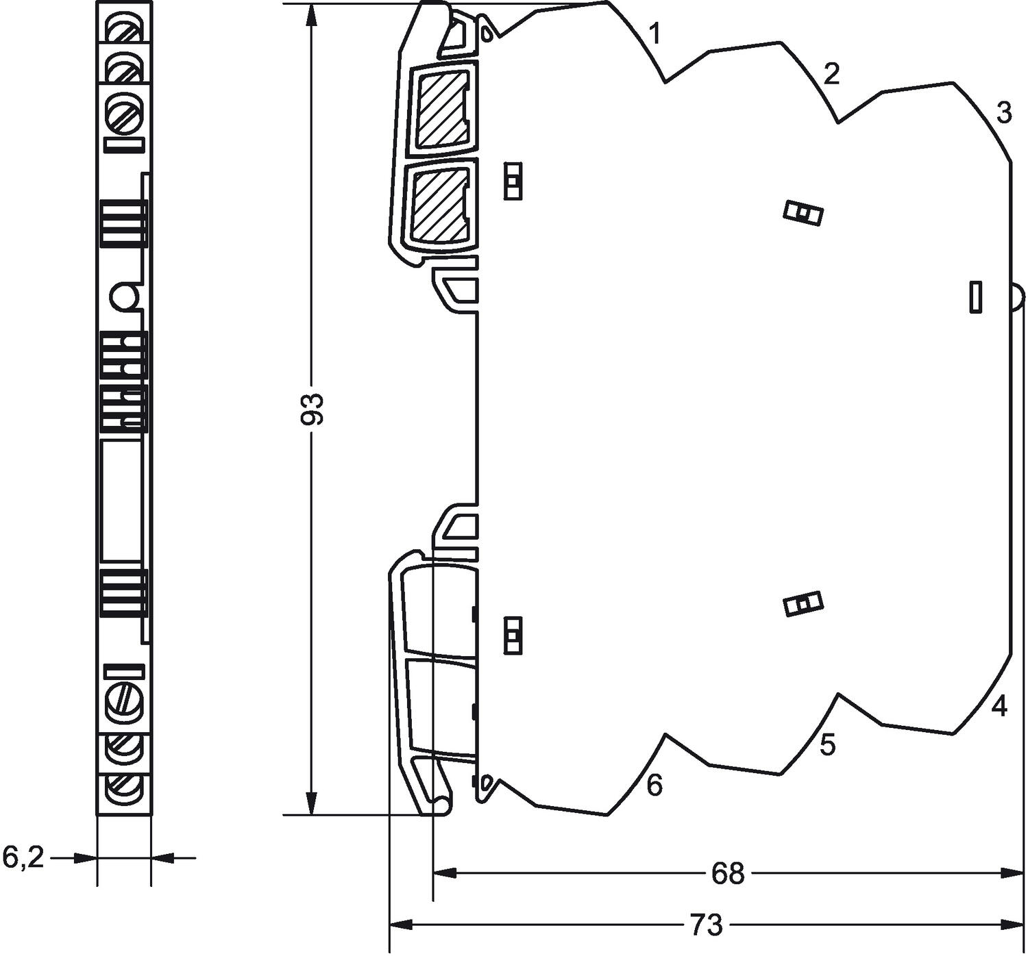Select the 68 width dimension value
pyautogui.click(x=727, y=873)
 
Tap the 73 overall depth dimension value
pyautogui.click(x=706, y=925)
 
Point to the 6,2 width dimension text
pyautogui.click(x=23, y=857)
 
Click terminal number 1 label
pyautogui.click(x=655, y=33)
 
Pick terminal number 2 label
pyautogui.click(x=831, y=73)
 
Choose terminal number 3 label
pyautogui.click(x=1003, y=112)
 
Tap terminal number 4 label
pyautogui.click(x=1000, y=706)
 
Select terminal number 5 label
pyautogui.click(x=828, y=745)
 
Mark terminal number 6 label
pyautogui.click(x=654, y=785)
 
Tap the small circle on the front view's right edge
pyautogui.click(x=124, y=297)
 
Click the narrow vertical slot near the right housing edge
pyautogui.click(x=976, y=297)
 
